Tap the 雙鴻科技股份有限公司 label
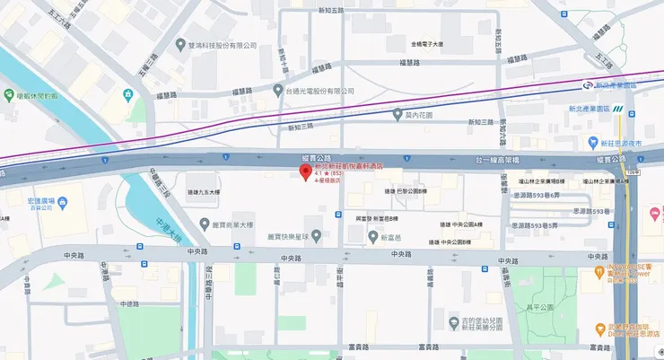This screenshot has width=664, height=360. [220, 46]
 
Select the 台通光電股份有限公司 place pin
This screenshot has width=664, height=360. [278, 91]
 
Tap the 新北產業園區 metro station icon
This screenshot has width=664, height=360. [588, 85]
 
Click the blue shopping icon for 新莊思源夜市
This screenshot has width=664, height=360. [592, 143]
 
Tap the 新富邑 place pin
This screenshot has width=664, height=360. [372, 237]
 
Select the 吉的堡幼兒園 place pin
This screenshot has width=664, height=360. [453, 321]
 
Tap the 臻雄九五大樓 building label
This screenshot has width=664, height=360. [204, 192]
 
